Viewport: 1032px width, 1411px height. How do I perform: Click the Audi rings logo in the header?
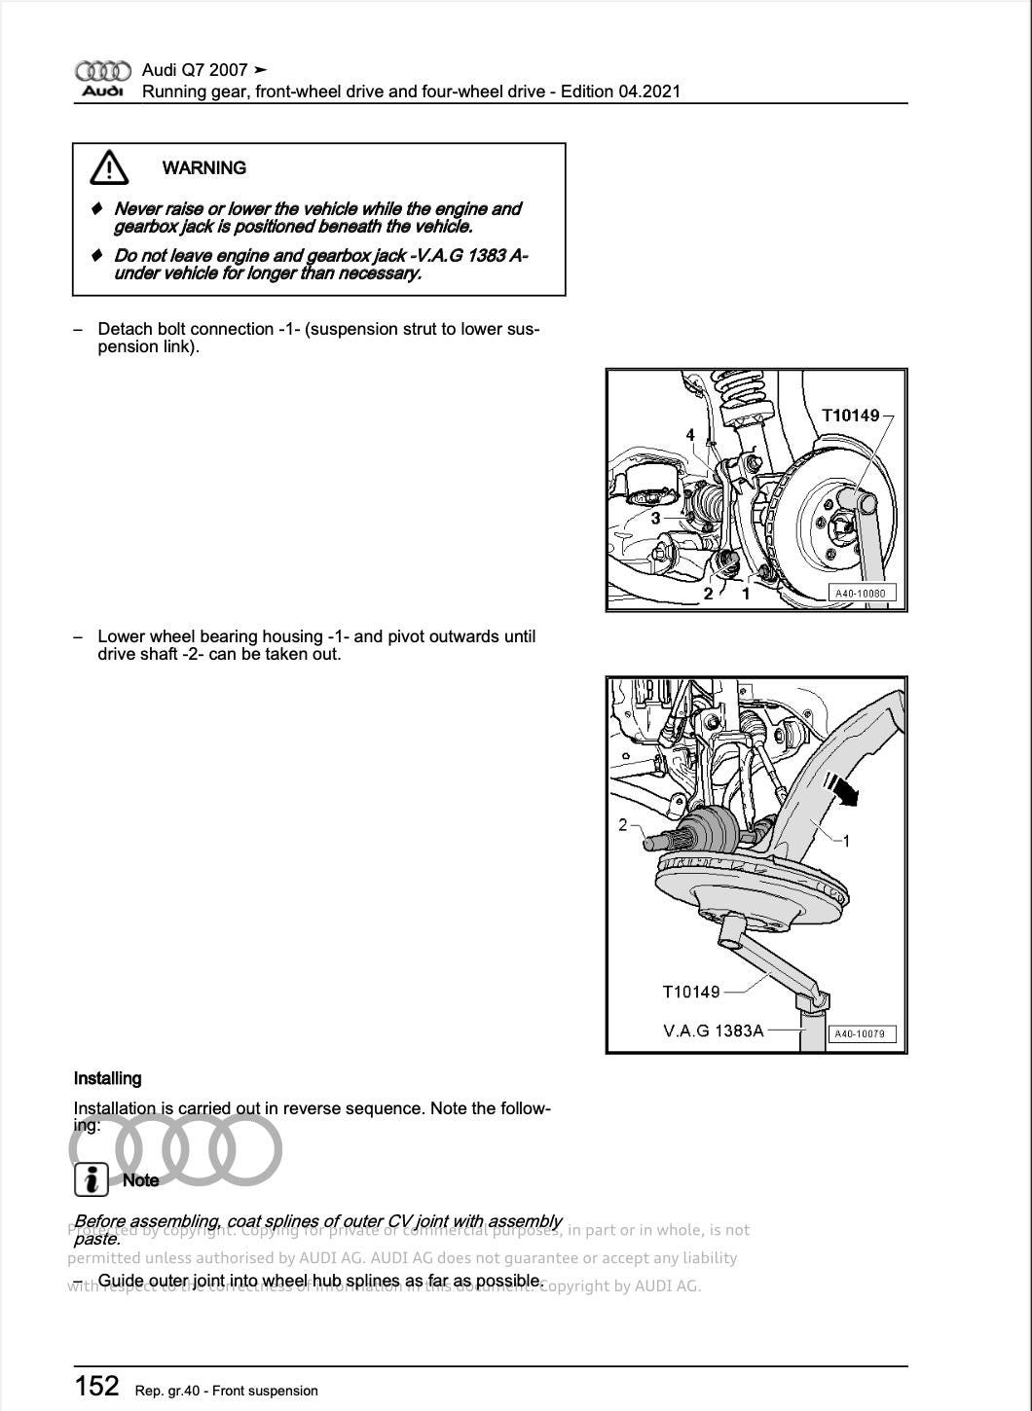[102, 71]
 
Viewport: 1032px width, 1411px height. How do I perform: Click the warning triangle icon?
[109, 168]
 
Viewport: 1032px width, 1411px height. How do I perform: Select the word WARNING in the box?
[203, 168]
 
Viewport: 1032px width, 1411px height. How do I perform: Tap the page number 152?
[96, 1386]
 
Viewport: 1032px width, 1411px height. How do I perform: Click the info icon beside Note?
[91, 1179]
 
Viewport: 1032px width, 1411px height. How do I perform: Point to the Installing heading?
[107, 1078]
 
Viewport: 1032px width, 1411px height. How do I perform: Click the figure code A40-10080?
[861, 593]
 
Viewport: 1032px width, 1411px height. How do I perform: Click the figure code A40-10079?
[861, 1033]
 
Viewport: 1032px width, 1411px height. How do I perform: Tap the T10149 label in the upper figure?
[850, 416]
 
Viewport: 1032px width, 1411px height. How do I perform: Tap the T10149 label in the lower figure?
[691, 992]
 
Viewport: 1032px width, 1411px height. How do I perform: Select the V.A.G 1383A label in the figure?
[713, 1031]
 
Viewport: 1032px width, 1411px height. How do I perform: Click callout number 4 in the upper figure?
[690, 435]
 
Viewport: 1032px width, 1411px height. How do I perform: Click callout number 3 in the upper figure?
[655, 519]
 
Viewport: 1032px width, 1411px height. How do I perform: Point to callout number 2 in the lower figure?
[623, 825]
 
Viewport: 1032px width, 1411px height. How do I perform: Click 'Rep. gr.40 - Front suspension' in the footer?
[227, 1391]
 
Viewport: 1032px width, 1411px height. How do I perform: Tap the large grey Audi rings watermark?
[175, 1149]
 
